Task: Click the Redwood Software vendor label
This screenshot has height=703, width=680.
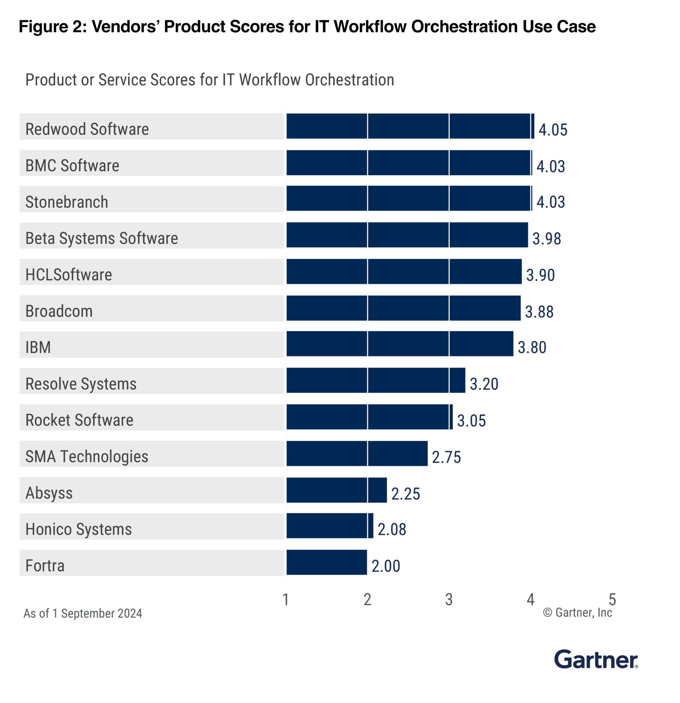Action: point(87,129)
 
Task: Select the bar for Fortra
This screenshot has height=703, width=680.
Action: point(326,562)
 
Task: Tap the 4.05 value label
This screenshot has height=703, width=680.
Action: point(552,130)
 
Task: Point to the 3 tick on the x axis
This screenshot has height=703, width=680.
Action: point(449,600)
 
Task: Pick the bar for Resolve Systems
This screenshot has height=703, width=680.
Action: point(375,380)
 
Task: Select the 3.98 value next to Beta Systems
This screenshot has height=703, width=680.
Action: point(546,239)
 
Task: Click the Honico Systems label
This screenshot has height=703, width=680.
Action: point(79,529)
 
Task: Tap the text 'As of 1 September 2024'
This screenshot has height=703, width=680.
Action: point(83,614)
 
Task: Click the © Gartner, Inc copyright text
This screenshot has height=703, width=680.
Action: point(577,613)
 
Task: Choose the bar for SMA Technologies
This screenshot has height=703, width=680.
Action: point(357,453)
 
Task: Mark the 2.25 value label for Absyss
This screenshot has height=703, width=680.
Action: point(405,494)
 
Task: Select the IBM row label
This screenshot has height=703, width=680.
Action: point(38,347)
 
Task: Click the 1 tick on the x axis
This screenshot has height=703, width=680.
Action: point(286,600)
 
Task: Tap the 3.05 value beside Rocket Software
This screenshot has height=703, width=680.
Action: point(471,421)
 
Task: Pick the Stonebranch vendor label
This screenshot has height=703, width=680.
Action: point(67,202)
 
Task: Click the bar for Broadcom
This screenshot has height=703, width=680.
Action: point(403,308)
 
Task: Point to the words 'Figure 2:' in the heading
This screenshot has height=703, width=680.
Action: point(53,26)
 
